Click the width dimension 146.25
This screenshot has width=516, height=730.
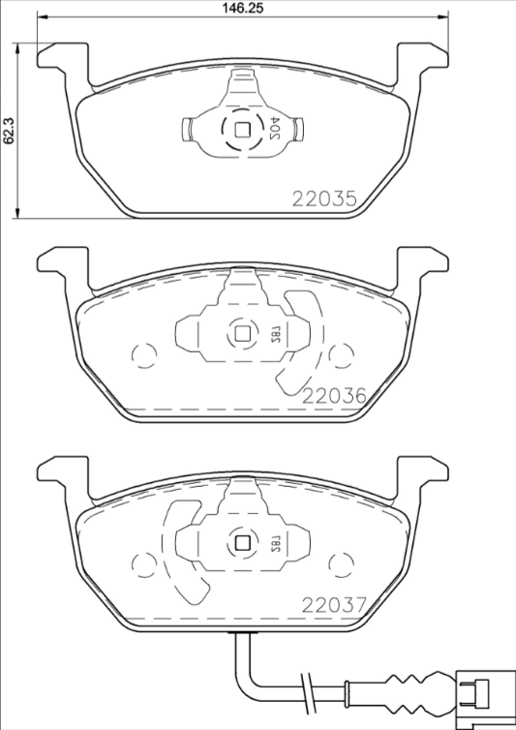[x=242, y=8]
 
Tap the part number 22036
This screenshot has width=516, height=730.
[x=334, y=396]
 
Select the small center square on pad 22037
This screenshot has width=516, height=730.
[x=243, y=543]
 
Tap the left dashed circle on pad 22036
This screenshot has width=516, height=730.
[x=143, y=357]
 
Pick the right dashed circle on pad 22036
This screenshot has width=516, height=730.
[x=340, y=357]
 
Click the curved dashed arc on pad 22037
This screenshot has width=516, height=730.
[x=181, y=557]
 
